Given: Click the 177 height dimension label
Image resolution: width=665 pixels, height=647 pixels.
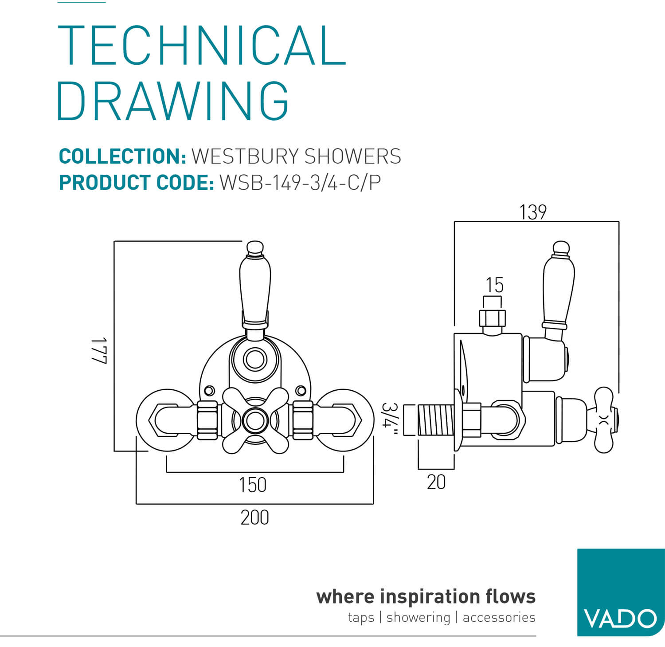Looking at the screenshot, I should pyautogui.click(x=99, y=350).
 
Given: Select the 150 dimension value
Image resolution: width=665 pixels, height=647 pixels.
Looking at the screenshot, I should pyautogui.click(x=253, y=485).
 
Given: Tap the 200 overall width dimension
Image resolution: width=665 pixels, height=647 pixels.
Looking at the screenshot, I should pyautogui.click(x=254, y=518).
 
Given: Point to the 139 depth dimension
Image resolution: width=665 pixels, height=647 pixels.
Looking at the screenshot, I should pyautogui.click(x=533, y=212).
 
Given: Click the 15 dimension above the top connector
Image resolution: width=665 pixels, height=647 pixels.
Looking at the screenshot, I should pyautogui.click(x=494, y=285).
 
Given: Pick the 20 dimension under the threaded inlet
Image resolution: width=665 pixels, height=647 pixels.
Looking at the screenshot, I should pyautogui.click(x=436, y=482).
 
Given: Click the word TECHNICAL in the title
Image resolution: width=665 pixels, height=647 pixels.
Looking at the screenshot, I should pyautogui.click(x=202, y=46).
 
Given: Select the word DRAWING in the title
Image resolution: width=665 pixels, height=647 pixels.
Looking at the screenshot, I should pyautogui.click(x=173, y=101).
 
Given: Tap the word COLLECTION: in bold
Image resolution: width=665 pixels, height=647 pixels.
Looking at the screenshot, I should pyautogui.click(x=122, y=157).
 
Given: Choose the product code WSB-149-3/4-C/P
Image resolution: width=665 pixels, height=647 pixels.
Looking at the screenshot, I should pyautogui.click(x=300, y=183).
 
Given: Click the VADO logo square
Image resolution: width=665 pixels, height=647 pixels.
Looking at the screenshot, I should pyautogui.click(x=620, y=592).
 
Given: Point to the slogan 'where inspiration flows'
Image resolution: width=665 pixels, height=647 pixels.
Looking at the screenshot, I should pyautogui.click(x=426, y=596).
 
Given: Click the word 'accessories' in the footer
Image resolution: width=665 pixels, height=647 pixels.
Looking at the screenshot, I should pyautogui.click(x=499, y=617).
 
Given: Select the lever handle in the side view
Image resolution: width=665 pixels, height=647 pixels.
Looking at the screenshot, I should pyautogui.click(x=559, y=288).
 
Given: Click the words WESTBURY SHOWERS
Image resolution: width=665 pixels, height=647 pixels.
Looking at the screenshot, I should pyautogui.click(x=296, y=157).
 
